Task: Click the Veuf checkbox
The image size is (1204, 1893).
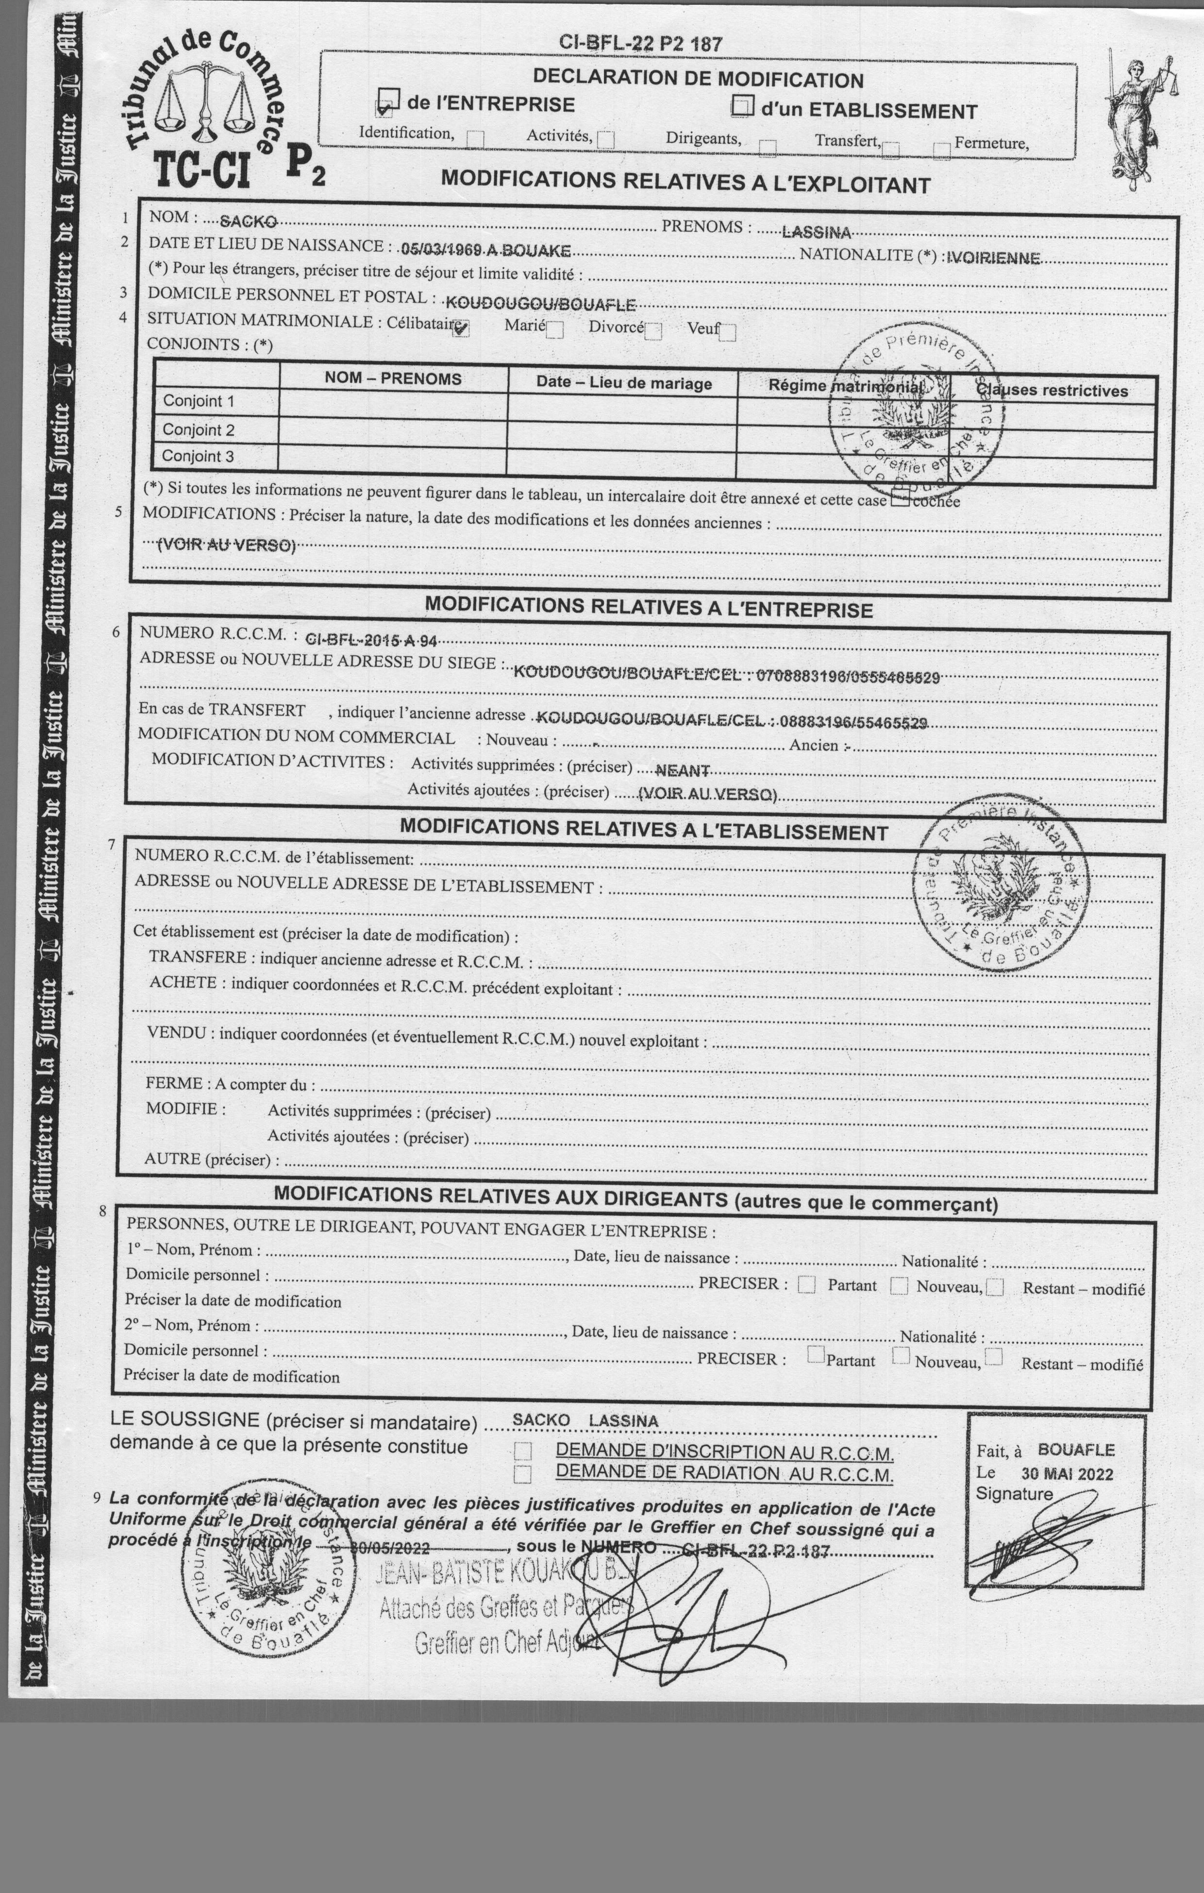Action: click(x=728, y=333)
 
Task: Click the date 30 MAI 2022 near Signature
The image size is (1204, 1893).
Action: click(x=1067, y=1474)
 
